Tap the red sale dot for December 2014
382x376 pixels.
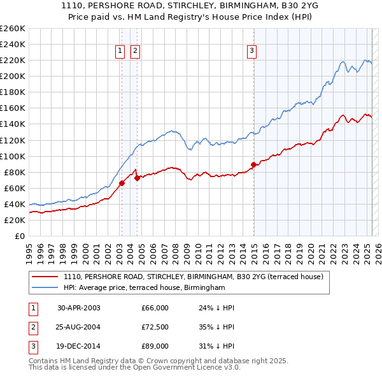click(253, 164)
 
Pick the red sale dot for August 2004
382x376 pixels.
click(137, 178)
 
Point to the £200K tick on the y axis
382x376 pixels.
click(12, 76)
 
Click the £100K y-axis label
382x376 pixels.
click(12, 156)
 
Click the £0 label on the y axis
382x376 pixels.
click(18, 236)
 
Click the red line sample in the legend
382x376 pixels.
click(45, 277)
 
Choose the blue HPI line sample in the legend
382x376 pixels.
click(45, 288)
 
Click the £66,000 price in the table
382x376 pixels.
click(155, 308)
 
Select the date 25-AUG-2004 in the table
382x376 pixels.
click(79, 327)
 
